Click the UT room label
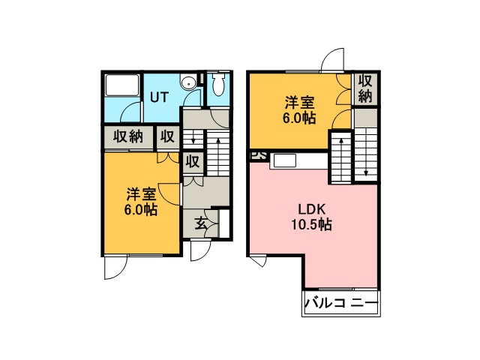pos(159,97)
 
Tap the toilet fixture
pos(218,84)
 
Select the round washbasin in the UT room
pos(187,82)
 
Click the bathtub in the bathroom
pos(122,85)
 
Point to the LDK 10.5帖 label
pos(312,217)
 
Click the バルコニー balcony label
pos(341,303)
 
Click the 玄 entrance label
pos(201,223)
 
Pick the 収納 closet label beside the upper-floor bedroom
pos(365,88)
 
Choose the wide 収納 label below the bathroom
pos(128,136)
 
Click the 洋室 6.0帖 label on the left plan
pos(141,202)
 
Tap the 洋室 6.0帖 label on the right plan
pos(299,110)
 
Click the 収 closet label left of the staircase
pos(193,161)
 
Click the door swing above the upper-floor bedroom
pos(333,60)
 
